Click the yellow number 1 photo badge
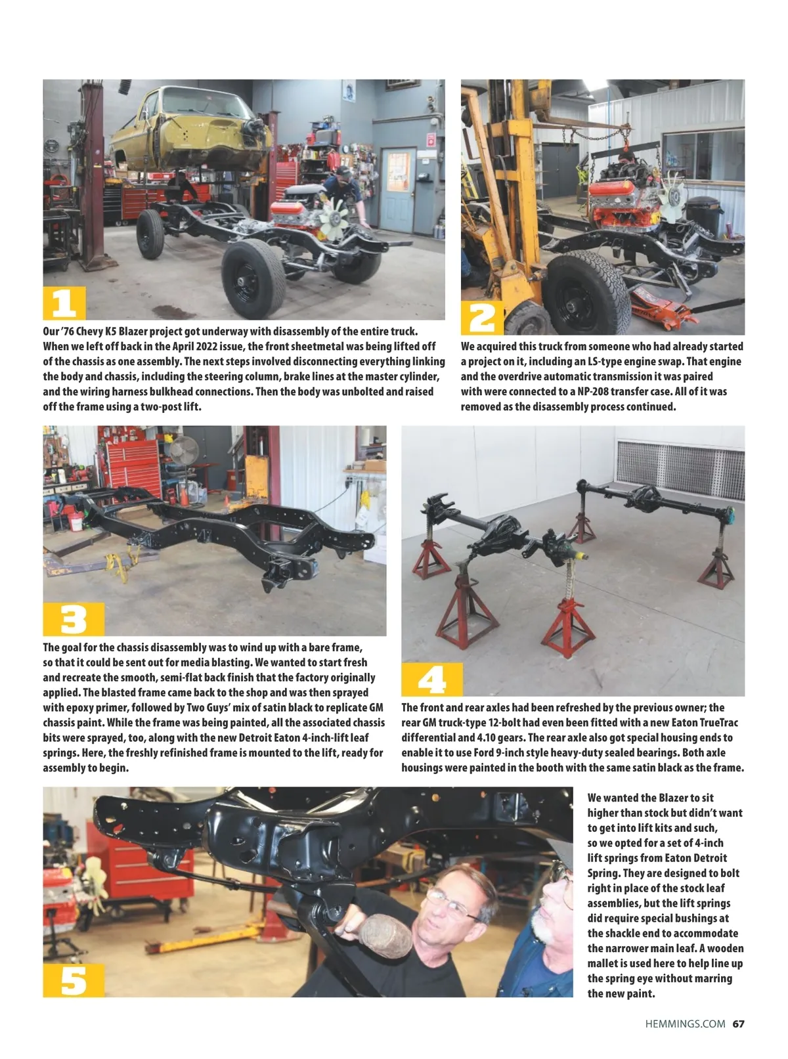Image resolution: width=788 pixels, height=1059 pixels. [x=64, y=303]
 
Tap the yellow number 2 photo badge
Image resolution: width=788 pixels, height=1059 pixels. [x=482, y=318]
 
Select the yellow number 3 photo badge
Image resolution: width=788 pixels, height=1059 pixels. [x=74, y=619]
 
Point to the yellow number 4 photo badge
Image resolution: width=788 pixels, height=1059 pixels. [x=431, y=679]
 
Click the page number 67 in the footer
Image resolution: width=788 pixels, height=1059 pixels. [x=738, y=1024]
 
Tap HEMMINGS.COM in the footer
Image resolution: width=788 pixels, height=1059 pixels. [x=685, y=1024]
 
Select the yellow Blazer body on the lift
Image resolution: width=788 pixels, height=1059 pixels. [x=191, y=129]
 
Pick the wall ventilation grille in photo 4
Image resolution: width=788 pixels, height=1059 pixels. [x=680, y=470]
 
